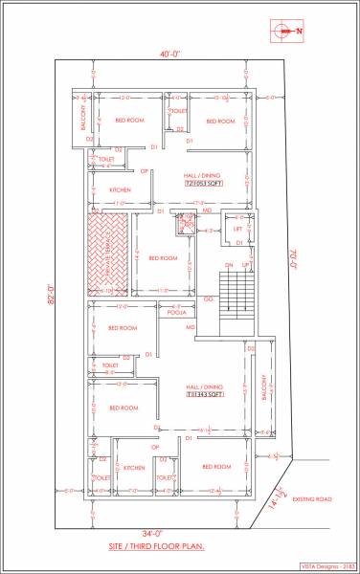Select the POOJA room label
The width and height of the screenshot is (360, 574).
175,312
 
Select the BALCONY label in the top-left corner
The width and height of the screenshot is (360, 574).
82,118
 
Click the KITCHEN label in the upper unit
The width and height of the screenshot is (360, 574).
119,189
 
